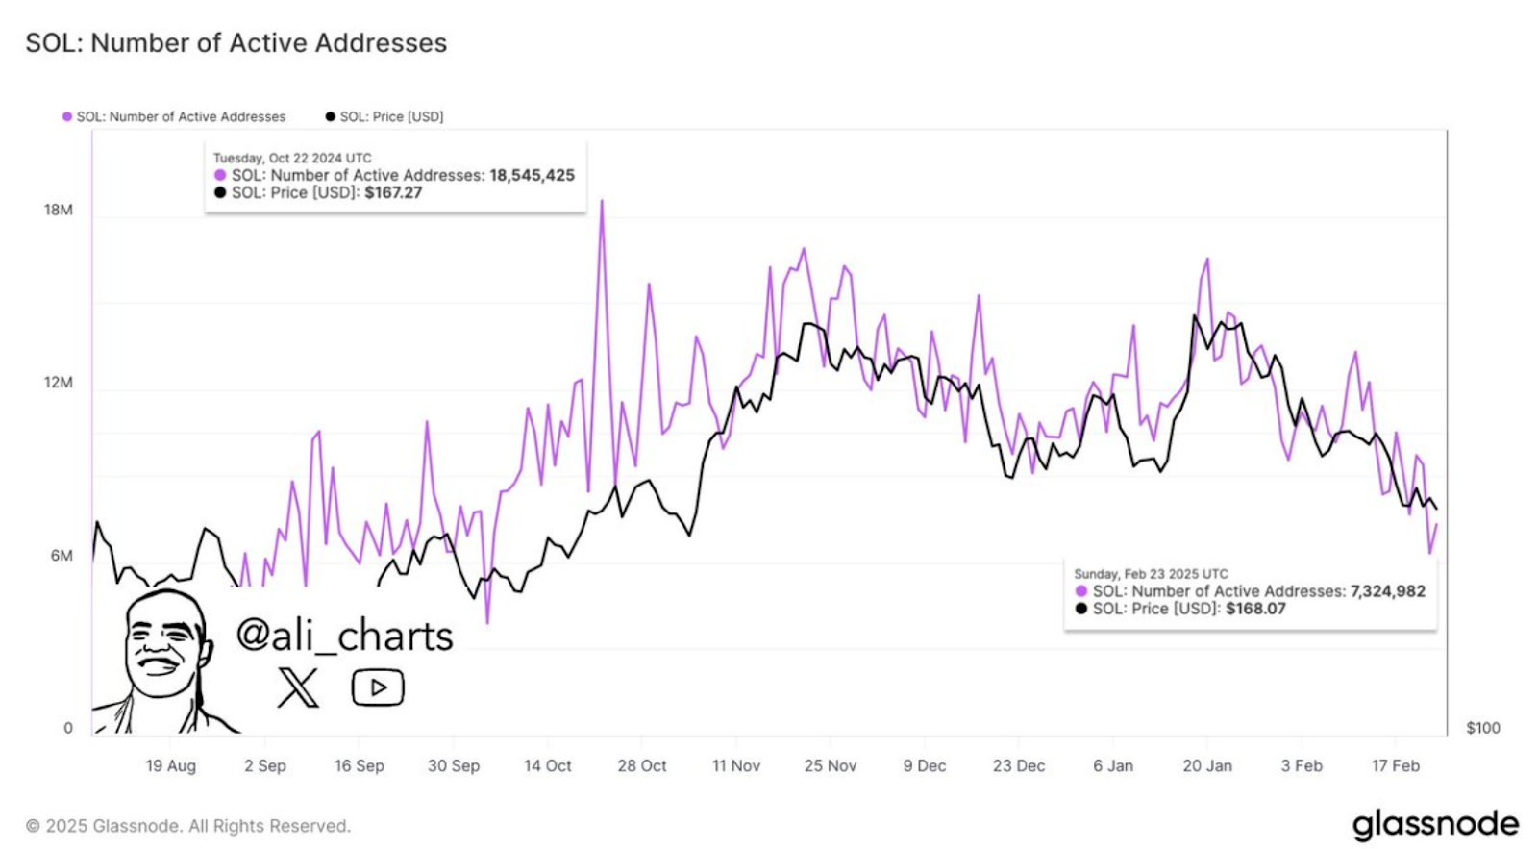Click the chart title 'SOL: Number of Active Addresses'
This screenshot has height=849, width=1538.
[x=236, y=42]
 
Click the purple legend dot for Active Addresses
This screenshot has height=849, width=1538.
[x=67, y=116]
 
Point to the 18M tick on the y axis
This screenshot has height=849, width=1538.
[x=59, y=210]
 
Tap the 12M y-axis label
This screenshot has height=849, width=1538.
[x=59, y=382]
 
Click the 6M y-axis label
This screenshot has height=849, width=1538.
[x=62, y=555]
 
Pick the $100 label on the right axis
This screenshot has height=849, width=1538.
[x=1483, y=728]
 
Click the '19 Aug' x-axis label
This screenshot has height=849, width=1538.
[x=170, y=765]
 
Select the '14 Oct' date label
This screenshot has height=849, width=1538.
[x=547, y=765]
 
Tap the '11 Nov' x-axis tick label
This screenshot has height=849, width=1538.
[x=736, y=765]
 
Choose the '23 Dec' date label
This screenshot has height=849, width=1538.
[x=1019, y=765]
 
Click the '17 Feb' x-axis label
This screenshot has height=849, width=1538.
[x=1395, y=765]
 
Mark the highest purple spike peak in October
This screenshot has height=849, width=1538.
[x=602, y=201]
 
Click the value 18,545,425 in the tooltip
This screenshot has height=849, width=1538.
[x=533, y=175]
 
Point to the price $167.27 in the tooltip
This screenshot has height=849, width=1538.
[x=393, y=193]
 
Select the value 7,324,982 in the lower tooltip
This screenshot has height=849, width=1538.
[x=1388, y=591]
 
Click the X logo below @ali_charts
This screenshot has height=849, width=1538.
[x=298, y=687]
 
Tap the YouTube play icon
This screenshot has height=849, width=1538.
[x=378, y=687]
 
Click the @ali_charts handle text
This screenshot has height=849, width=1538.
[x=344, y=637]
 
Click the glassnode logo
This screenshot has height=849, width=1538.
[x=1435, y=824]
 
